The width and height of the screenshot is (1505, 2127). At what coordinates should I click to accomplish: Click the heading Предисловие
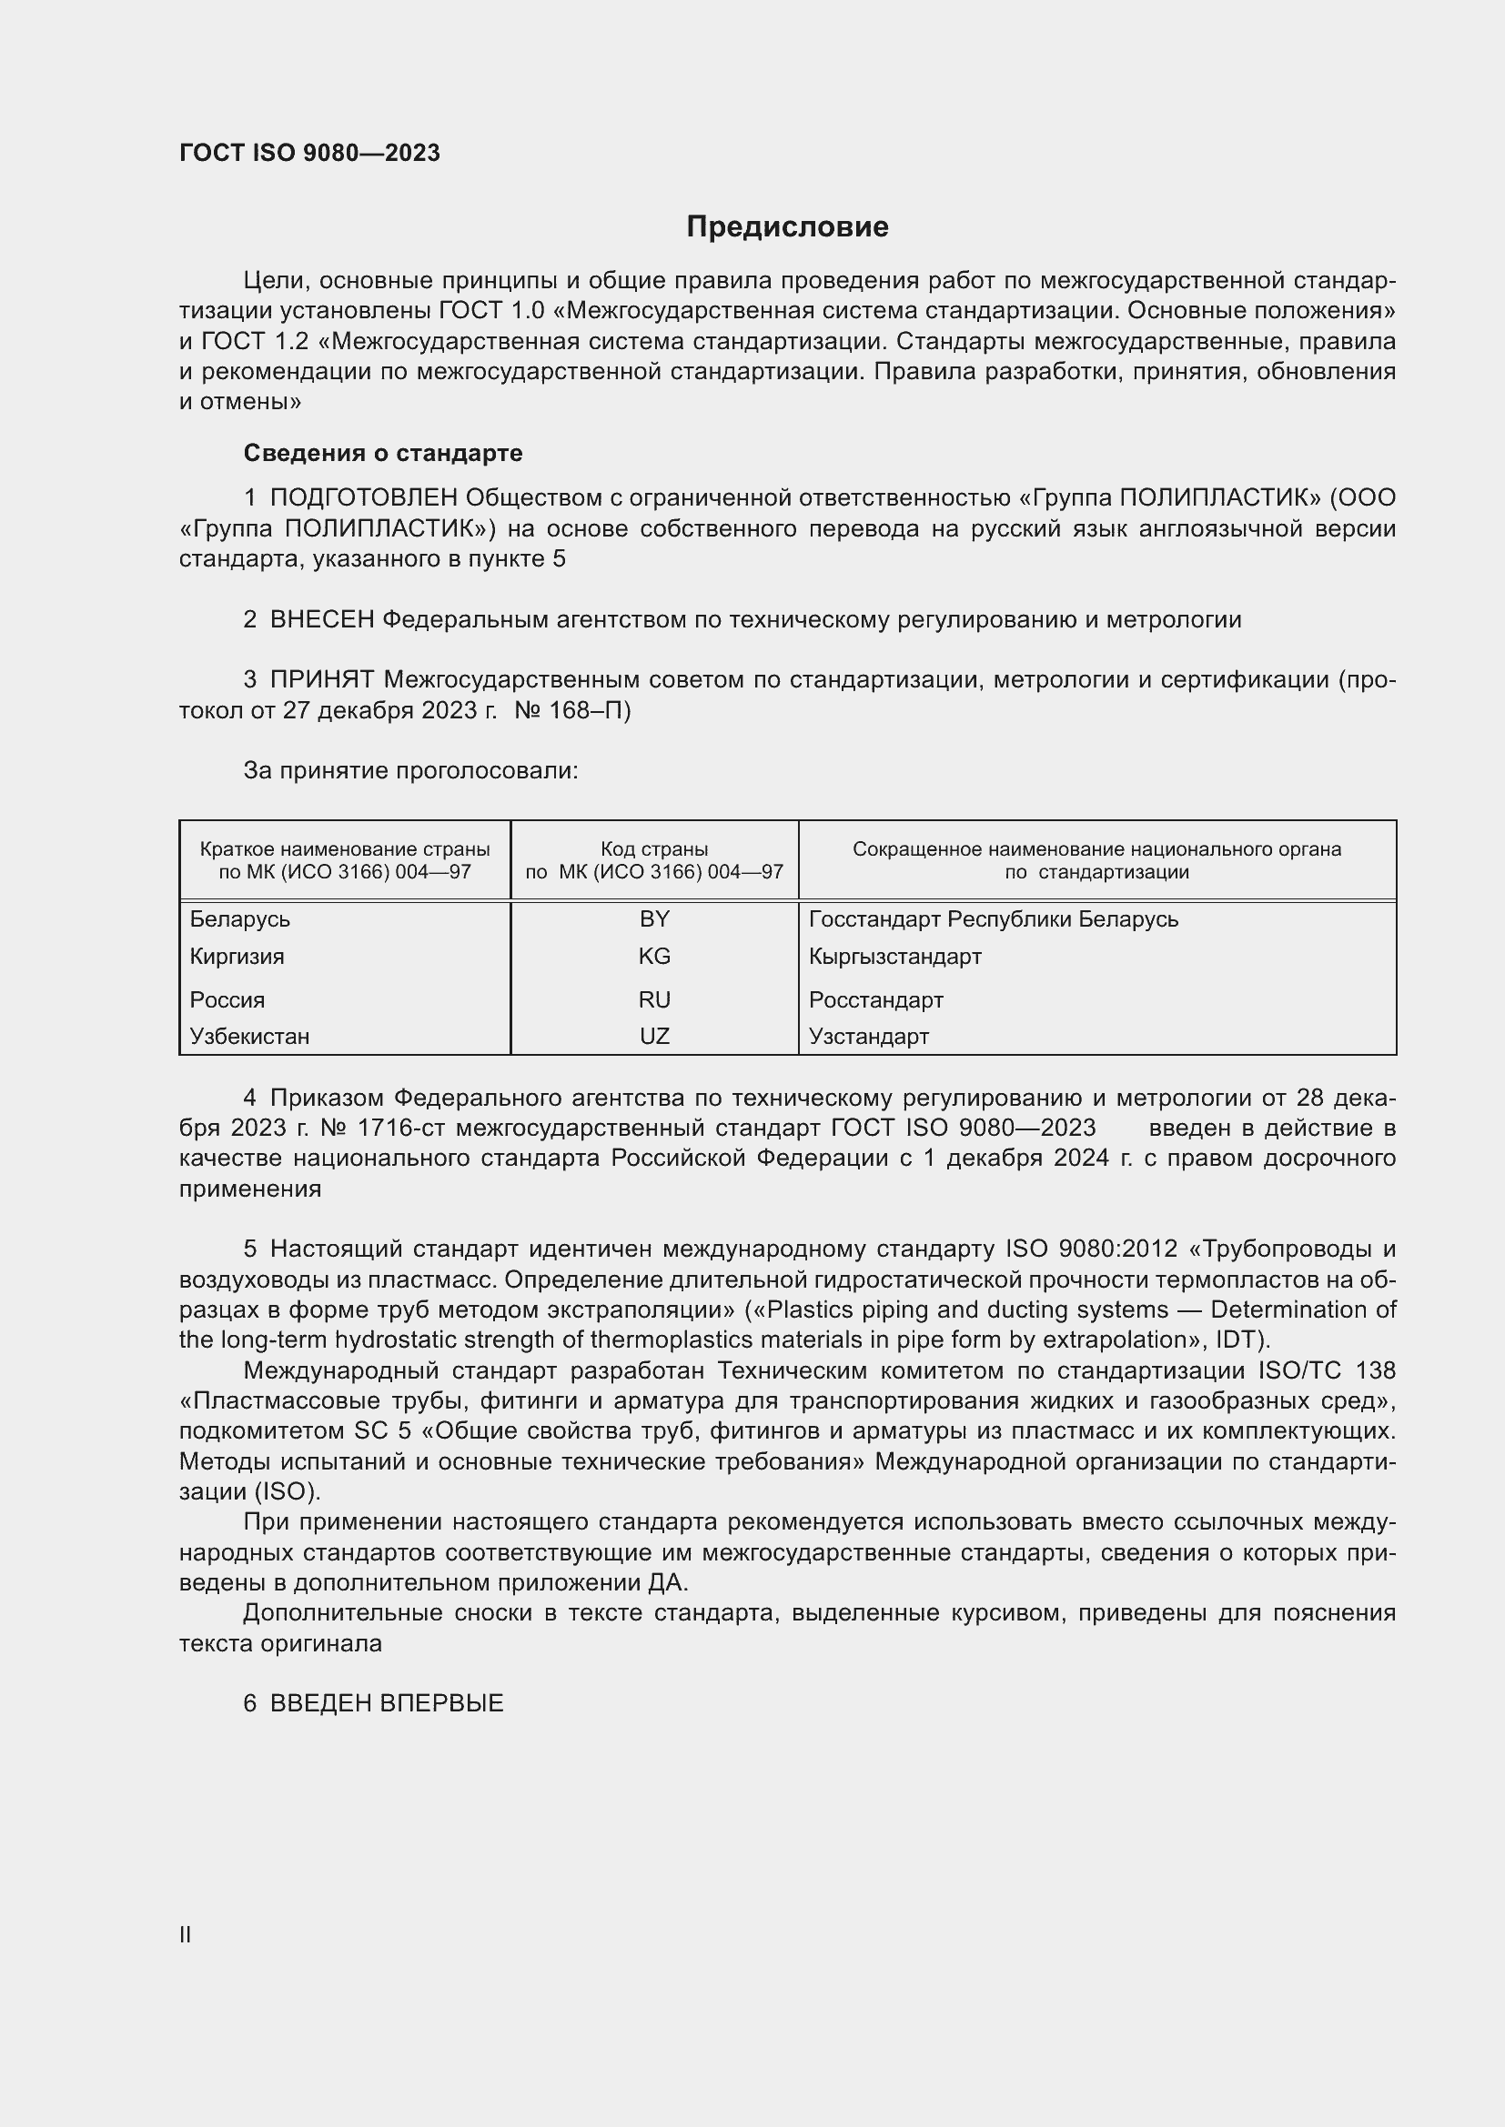787,227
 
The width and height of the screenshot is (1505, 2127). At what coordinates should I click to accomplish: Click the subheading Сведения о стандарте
383,453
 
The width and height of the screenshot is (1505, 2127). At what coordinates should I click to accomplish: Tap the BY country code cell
654,919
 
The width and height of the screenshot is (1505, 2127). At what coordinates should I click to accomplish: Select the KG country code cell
654,956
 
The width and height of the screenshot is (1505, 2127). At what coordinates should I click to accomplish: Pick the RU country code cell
654,999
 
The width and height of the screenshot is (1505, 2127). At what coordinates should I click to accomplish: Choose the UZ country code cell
654,1036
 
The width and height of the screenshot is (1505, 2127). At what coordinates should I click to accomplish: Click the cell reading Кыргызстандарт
894,956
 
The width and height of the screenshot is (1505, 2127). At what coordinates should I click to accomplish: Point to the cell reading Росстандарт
875,999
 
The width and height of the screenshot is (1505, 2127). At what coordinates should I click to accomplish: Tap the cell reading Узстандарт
868,1036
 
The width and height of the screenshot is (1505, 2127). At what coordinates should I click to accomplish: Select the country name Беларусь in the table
240,919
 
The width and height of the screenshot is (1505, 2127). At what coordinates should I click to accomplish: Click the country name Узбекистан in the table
249,1036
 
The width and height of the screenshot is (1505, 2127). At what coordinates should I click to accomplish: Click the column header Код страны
654,848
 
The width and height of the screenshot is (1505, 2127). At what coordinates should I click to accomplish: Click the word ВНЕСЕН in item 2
321,620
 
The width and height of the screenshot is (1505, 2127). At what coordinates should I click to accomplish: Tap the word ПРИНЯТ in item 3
321,680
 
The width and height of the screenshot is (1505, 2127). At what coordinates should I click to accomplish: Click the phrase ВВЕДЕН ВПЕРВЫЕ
387,1702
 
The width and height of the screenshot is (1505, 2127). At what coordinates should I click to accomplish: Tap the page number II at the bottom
186,1934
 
